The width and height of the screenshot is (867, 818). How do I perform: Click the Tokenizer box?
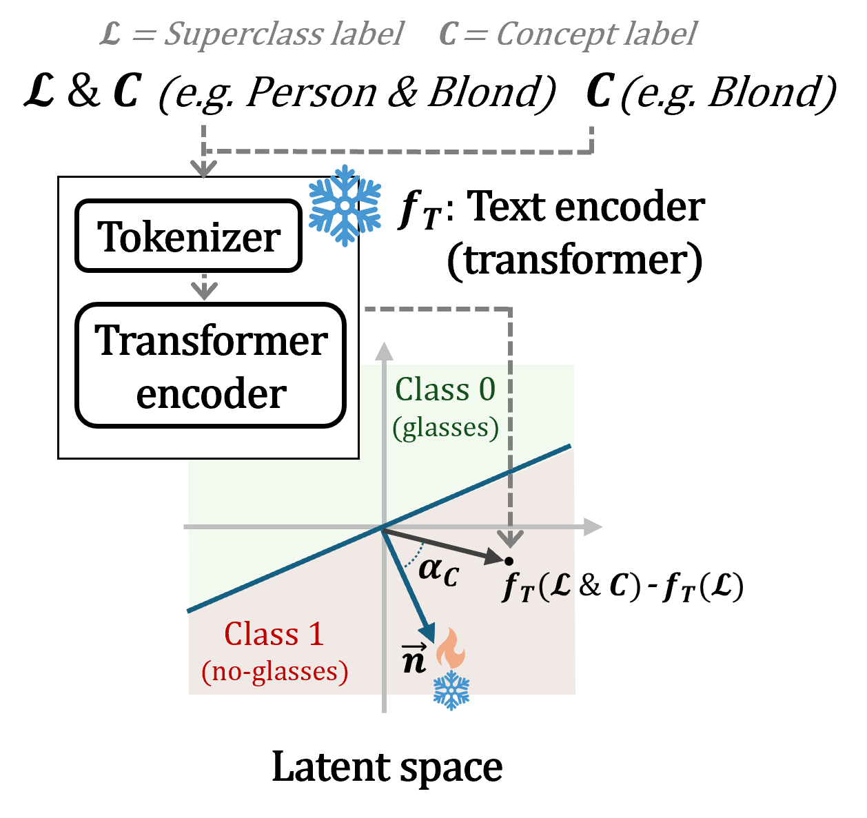pyautogui.click(x=188, y=236)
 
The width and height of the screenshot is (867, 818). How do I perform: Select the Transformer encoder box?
pyautogui.click(x=210, y=366)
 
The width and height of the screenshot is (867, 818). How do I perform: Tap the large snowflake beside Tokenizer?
pyautogui.click(x=345, y=205)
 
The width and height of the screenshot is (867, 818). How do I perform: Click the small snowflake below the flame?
pyautogui.click(x=451, y=690)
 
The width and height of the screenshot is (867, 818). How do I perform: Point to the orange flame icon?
pyautogui.click(x=451, y=648)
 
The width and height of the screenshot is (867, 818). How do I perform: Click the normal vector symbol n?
pyautogui.click(x=414, y=658)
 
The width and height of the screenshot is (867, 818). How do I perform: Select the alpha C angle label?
pyautogui.click(x=438, y=571)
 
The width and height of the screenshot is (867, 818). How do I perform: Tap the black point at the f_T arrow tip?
pyautogui.click(x=509, y=561)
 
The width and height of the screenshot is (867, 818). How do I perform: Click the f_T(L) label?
pyautogui.click(x=538, y=587)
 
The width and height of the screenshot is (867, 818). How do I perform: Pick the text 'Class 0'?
pyautogui.click(x=445, y=390)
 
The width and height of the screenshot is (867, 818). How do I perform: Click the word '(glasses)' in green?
pyautogui.click(x=445, y=428)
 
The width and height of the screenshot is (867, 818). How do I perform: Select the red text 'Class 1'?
pyautogui.click(x=274, y=634)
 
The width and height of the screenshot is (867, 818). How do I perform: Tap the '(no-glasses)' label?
pyautogui.click(x=274, y=671)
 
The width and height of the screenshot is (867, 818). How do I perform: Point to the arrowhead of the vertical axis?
pyautogui.click(x=384, y=351)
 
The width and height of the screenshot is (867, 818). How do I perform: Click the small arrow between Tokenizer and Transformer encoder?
pyautogui.click(x=204, y=289)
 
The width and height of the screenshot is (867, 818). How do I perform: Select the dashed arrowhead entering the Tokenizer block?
pyautogui.click(x=204, y=168)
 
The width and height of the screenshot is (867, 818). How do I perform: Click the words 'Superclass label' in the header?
pyautogui.click(x=283, y=34)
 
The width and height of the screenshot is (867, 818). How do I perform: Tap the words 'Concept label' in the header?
pyautogui.click(x=596, y=34)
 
